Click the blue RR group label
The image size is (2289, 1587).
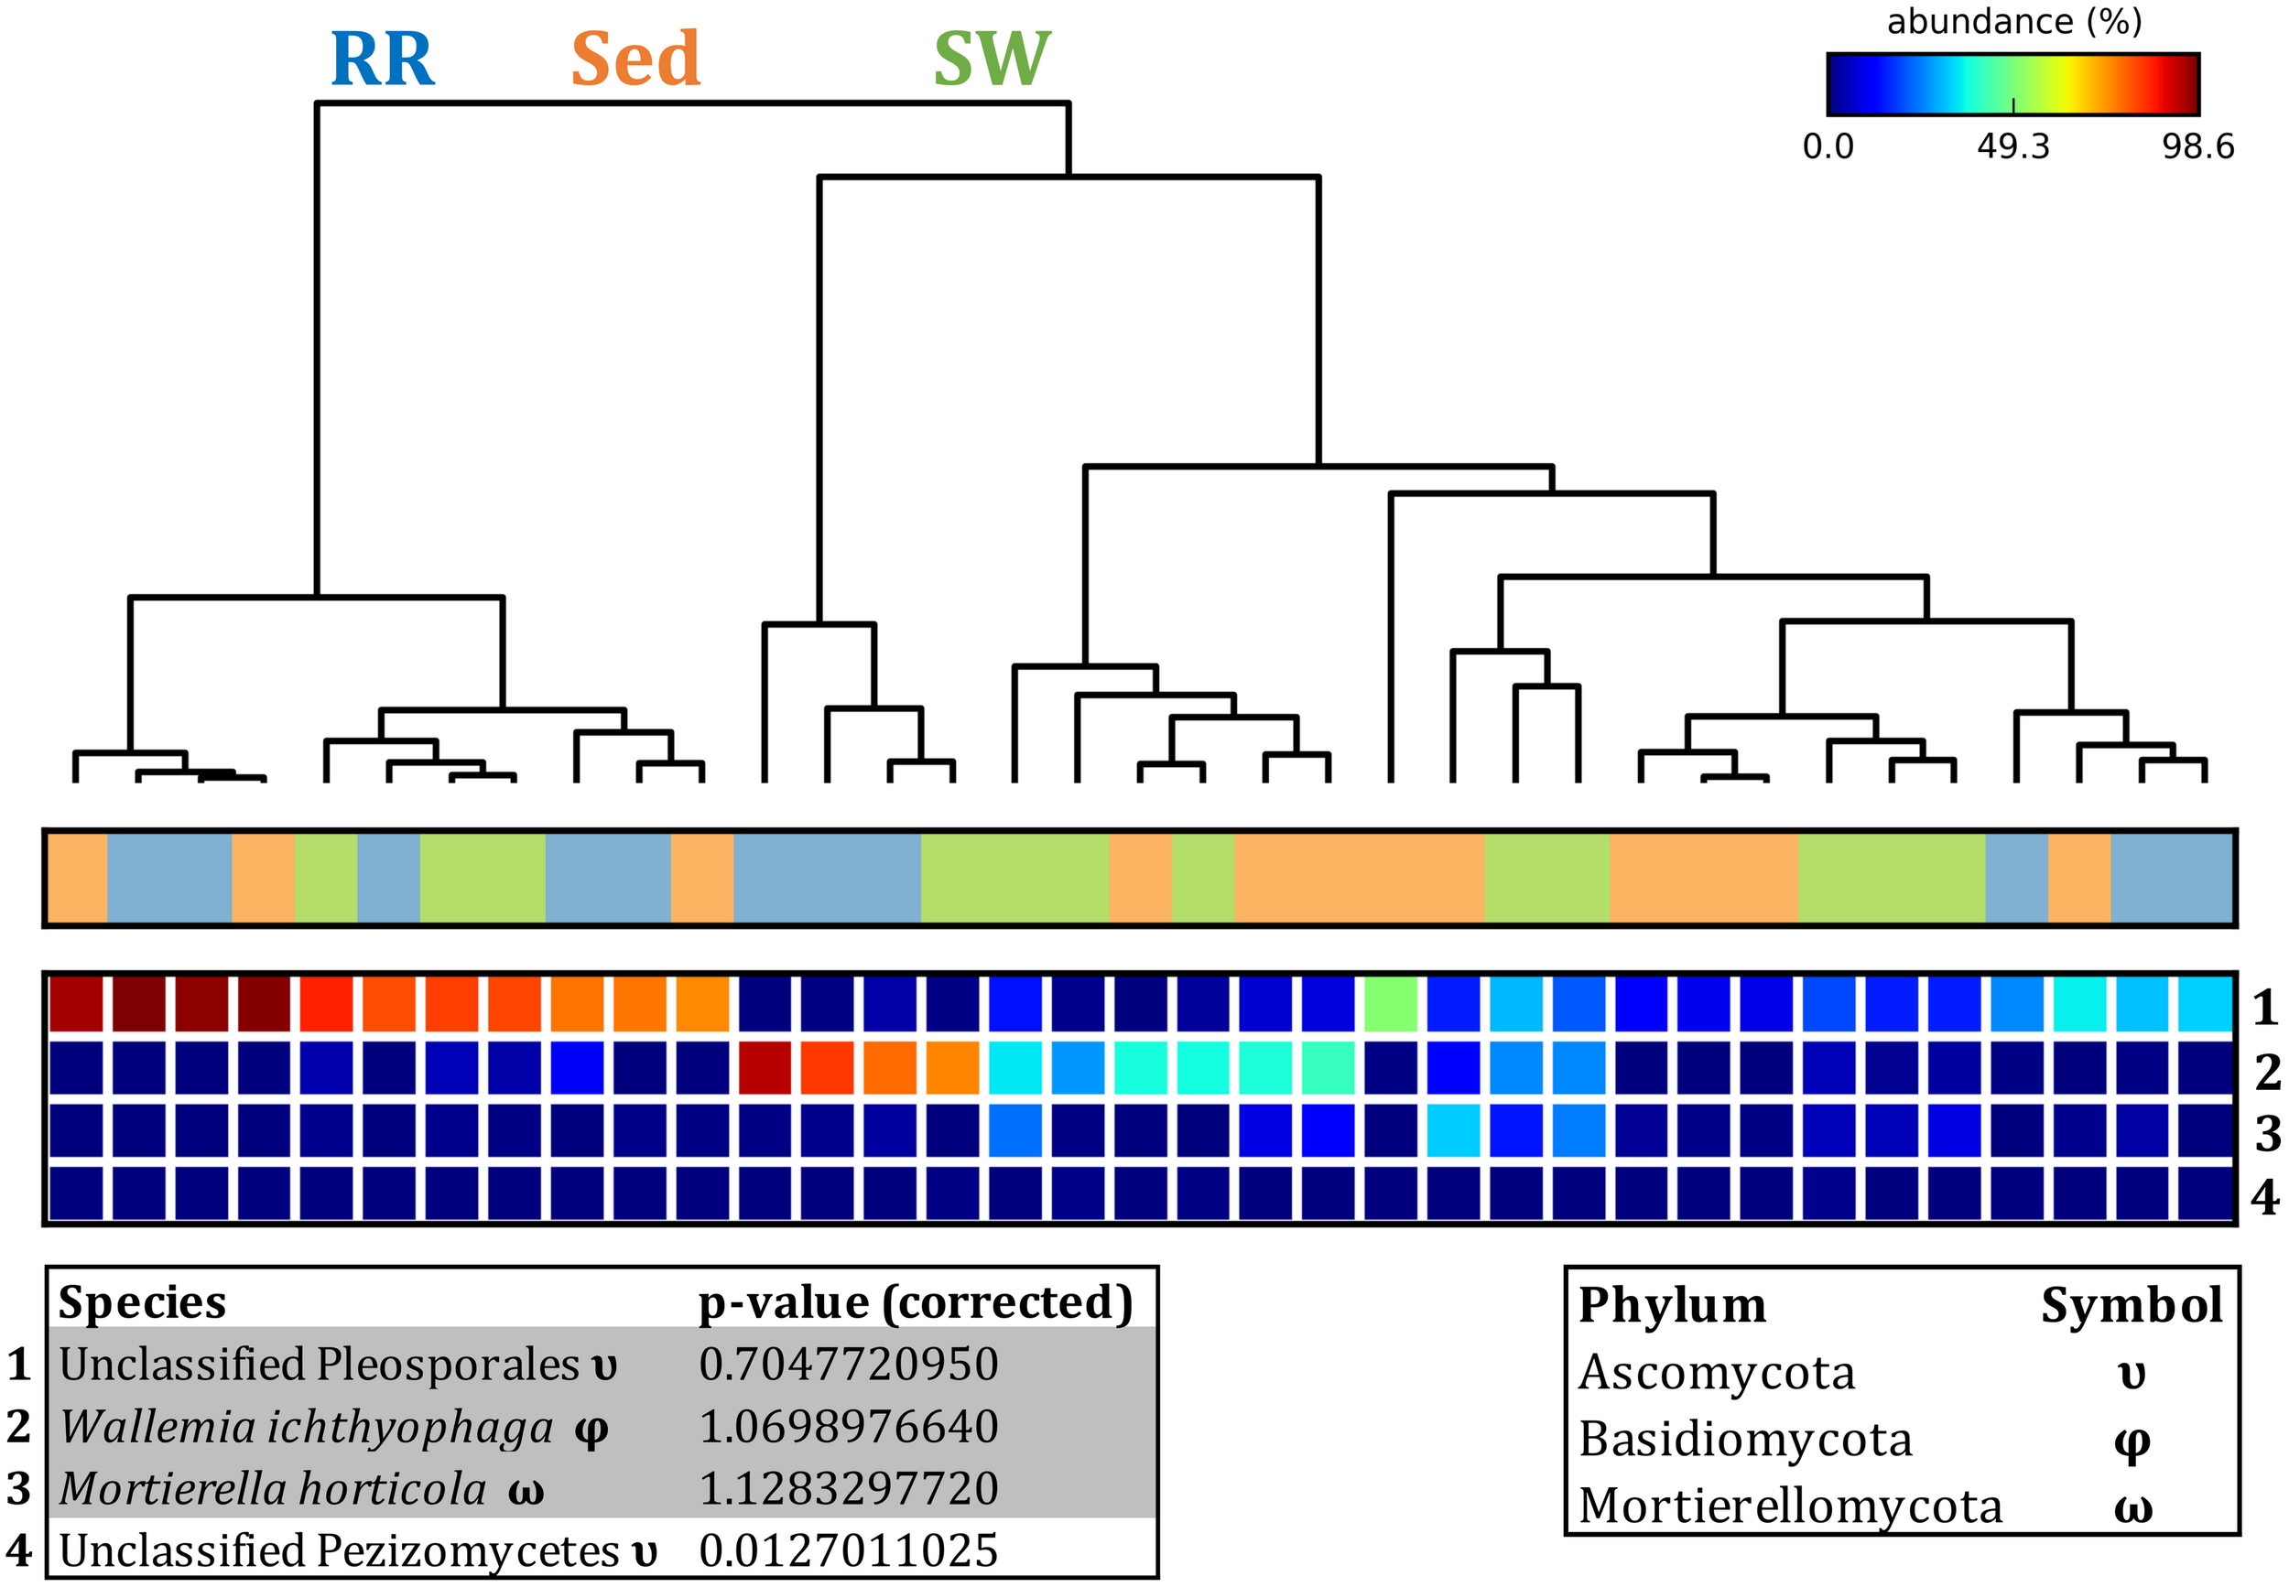382,59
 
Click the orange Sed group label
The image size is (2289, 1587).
635,59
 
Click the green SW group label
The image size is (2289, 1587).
991,59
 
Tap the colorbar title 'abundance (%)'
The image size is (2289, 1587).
2013,22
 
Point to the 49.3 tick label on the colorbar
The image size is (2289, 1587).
2012,147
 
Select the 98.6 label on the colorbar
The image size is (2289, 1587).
2197,147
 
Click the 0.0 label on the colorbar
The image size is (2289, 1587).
1828,147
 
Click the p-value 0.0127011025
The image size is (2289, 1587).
848,1550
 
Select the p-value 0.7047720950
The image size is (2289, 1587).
848,1364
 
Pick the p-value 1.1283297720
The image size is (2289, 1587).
848,1488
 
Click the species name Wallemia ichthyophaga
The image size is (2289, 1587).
307,1427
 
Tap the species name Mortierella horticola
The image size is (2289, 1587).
273,1488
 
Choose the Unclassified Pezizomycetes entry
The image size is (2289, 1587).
338,1550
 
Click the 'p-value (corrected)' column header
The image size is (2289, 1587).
916,1301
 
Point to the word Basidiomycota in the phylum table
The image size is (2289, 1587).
1745,1439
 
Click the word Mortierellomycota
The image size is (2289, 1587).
1790,1506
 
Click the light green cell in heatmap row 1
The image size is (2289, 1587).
1390,1004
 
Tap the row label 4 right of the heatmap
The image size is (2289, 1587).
2265,1196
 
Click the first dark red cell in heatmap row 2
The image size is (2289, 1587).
765,1067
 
